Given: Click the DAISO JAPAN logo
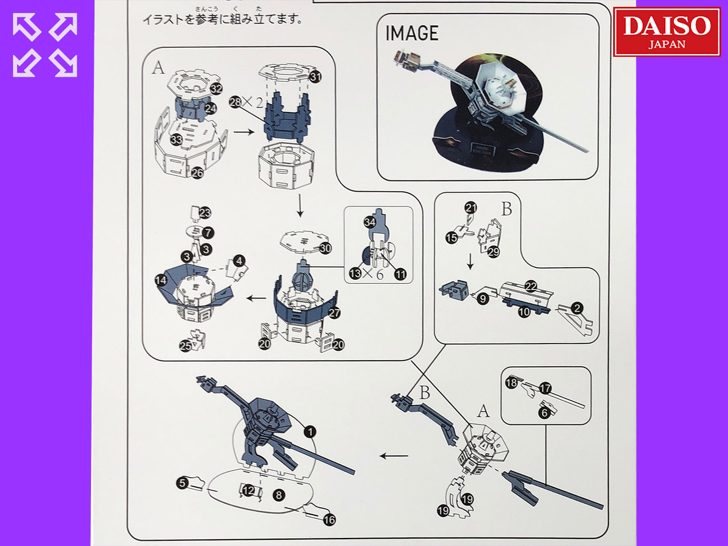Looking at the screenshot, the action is [x=667, y=32].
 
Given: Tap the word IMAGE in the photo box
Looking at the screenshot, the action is [x=412, y=34].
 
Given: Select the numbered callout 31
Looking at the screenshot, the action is [x=315, y=77].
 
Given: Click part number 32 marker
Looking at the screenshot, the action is [x=216, y=89].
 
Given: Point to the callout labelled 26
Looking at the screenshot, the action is [x=197, y=173].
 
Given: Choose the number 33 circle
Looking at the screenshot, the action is [x=176, y=139].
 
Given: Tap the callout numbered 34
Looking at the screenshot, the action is [x=370, y=222].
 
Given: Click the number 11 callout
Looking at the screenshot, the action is [x=400, y=274].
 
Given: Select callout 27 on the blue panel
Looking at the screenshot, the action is [x=334, y=313].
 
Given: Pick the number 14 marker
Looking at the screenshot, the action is [x=161, y=280].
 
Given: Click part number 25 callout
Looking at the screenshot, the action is [x=185, y=346].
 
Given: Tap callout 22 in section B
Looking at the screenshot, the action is [x=531, y=286].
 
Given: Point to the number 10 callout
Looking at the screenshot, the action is [x=524, y=312].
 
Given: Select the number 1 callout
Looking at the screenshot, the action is [x=310, y=432].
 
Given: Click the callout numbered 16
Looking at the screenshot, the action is [x=329, y=519].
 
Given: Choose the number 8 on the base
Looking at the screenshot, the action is [x=279, y=495].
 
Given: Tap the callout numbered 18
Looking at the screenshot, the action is [x=511, y=383].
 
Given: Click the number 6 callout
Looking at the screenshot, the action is [x=544, y=413].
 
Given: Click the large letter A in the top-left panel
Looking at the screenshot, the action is [x=158, y=68].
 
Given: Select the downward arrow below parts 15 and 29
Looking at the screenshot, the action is [x=470, y=262].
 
